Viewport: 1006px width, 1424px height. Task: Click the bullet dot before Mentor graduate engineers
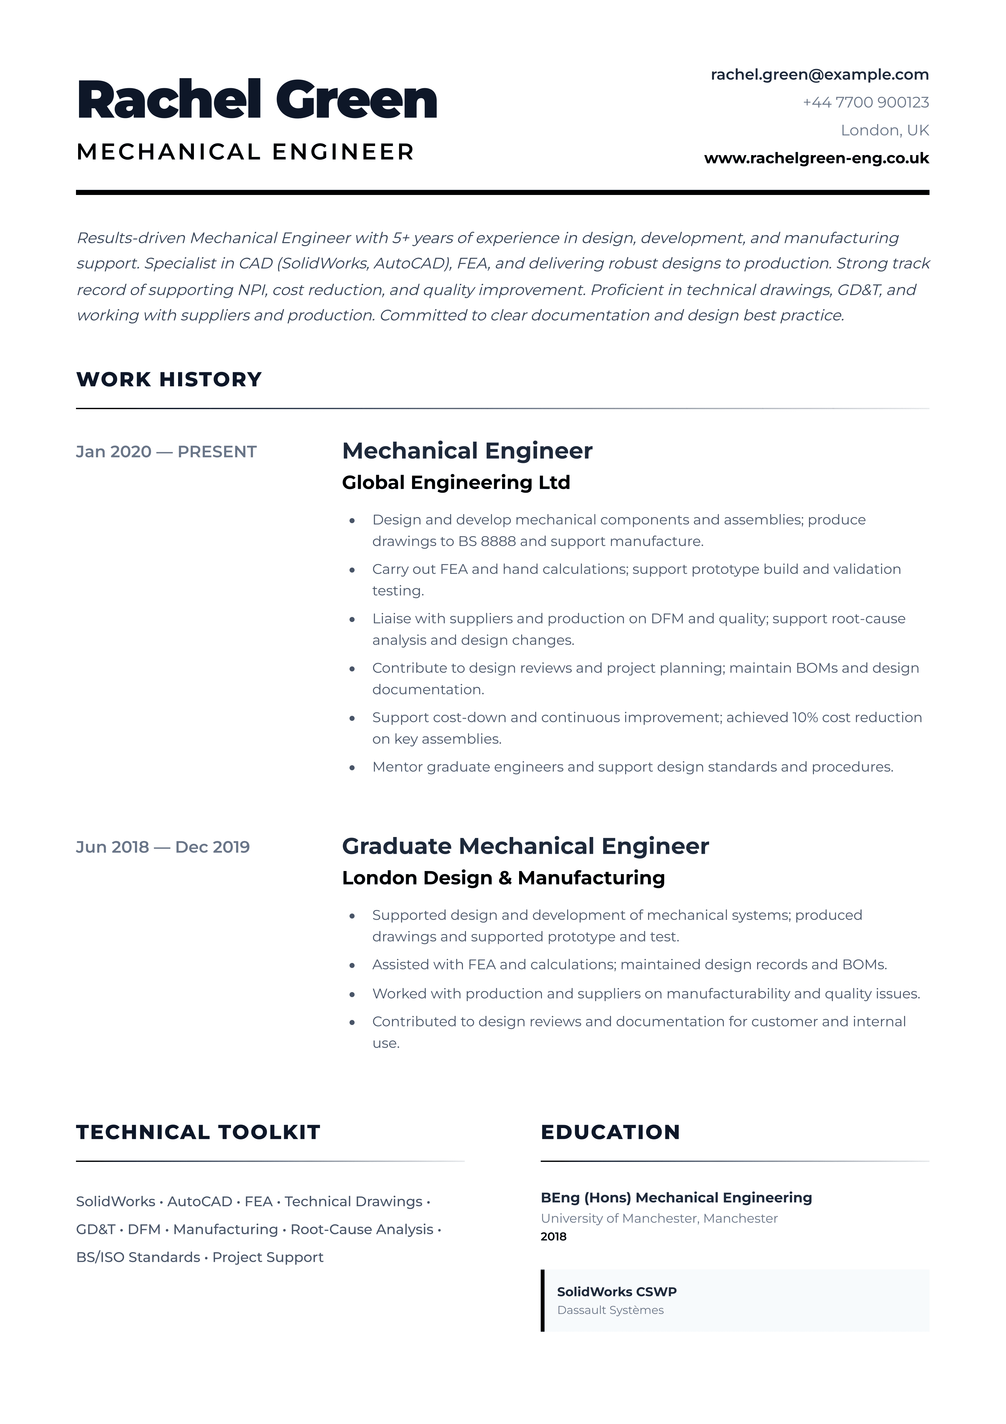pyautogui.click(x=352, y=768)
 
